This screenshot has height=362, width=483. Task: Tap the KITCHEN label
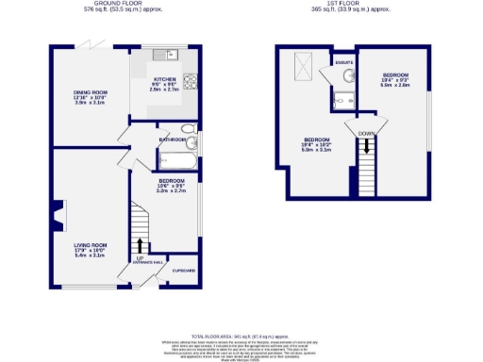(x=165, y=80)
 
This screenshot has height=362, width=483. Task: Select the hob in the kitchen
(x=190, y=81)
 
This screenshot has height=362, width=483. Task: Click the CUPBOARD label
(x=184, y=271)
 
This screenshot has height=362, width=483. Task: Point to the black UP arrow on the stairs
(x=140, y=245)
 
